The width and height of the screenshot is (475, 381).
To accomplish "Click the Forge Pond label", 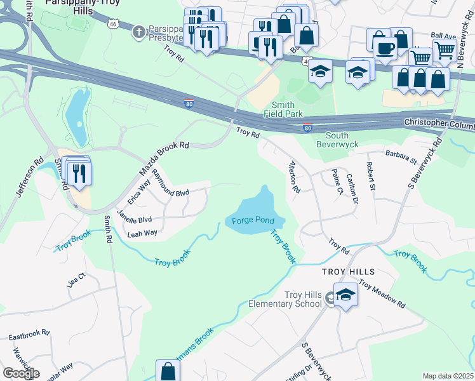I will [x=252, y=221].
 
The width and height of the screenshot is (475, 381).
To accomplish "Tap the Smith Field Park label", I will [x=283, y=109].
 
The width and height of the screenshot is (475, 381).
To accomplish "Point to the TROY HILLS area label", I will [x=348, y=271].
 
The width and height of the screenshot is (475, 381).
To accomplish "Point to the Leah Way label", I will [x=142, y=234].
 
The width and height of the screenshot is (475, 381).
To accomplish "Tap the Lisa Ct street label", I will [x=76, y=279].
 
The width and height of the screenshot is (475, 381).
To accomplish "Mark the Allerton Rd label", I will [x=293, y=177].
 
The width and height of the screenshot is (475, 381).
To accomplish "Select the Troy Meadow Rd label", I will [x=382, y=293].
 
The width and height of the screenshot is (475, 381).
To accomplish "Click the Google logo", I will [x=21, y=373].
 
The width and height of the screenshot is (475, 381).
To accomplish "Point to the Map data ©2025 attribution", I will [x=448, y=376].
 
